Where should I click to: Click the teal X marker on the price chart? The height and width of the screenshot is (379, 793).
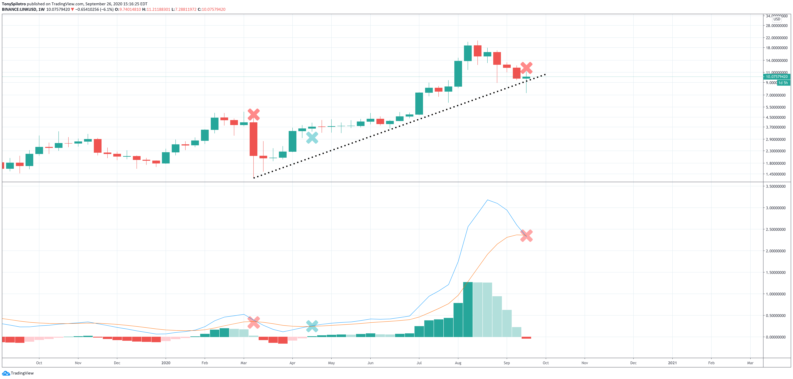312,138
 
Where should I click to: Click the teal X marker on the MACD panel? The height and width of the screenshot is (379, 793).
312,326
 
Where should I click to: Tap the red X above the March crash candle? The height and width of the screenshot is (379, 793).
253,115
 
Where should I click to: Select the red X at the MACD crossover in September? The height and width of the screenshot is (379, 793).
526,236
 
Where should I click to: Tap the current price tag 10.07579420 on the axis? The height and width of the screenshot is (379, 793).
776,77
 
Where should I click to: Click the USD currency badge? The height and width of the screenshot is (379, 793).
777,19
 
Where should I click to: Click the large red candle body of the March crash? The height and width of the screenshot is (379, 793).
253,139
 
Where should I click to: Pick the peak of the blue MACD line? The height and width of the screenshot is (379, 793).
487,200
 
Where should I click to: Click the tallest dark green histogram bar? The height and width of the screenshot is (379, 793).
468,309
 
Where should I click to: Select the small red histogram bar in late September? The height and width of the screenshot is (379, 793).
526,338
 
